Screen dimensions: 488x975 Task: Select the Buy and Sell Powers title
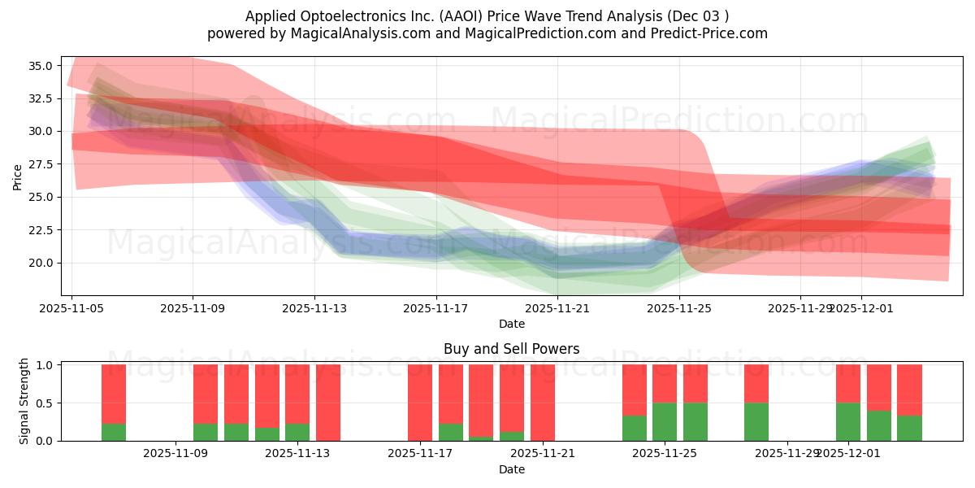pos(511,349)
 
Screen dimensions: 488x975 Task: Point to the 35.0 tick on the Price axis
pos(41,66)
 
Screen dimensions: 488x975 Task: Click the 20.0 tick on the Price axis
pos(41,263)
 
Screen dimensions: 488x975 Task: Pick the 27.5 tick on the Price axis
pos(41,164)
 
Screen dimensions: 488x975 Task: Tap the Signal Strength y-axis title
pos(24,401)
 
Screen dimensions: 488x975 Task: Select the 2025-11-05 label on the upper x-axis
pos(71,308)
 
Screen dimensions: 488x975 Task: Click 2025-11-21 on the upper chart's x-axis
pos(558,308)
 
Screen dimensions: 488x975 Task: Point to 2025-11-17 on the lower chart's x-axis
pos(420,453)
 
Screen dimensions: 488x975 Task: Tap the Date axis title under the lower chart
pos(511,469)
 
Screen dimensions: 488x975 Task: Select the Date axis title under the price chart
pos(511,324)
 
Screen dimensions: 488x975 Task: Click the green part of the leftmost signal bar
pos(114,432)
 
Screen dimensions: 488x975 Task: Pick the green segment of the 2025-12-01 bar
pos(848,421)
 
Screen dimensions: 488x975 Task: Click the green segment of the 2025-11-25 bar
pos(665,421)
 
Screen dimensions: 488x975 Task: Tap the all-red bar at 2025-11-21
pos(543,403)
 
